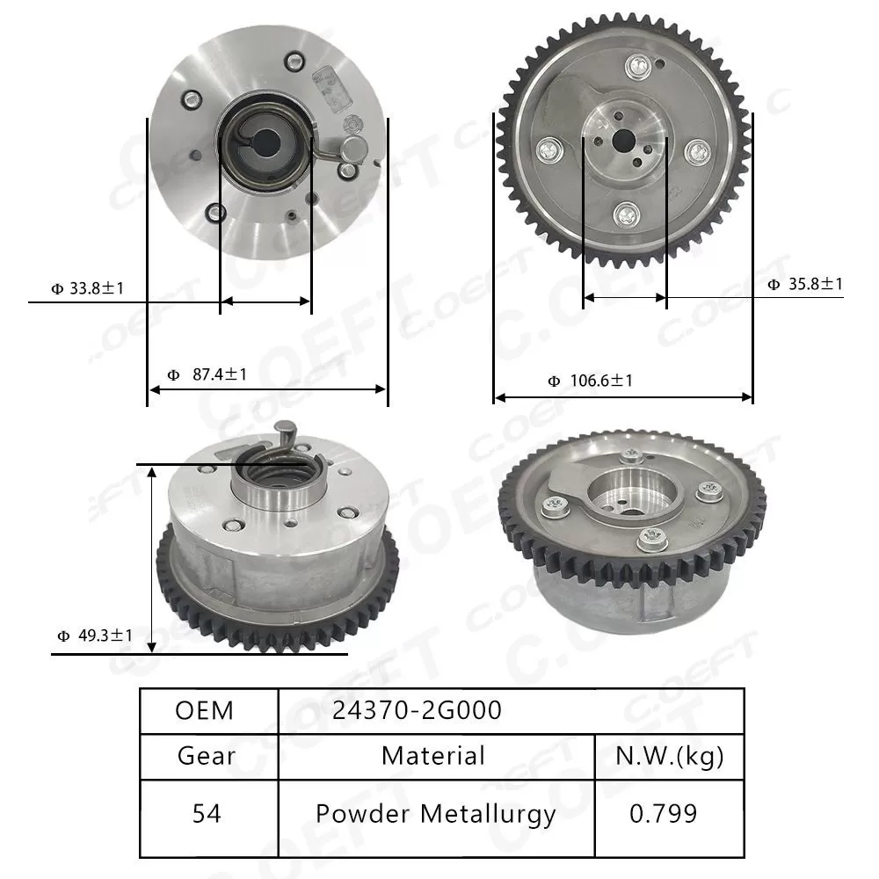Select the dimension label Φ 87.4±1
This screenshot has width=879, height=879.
coord(207,374)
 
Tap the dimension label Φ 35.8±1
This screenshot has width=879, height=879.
coord(804,284)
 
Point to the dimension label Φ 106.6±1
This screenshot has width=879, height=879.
coord(590,381)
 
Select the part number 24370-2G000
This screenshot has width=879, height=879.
coord(417,710)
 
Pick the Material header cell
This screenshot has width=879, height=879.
coord(432,756)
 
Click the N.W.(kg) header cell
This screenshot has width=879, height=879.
coord(668,756)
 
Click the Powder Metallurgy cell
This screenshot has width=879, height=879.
coord(436,814)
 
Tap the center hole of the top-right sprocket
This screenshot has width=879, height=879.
coord(623,139)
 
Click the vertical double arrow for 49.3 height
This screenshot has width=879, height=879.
coord(153,559)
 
